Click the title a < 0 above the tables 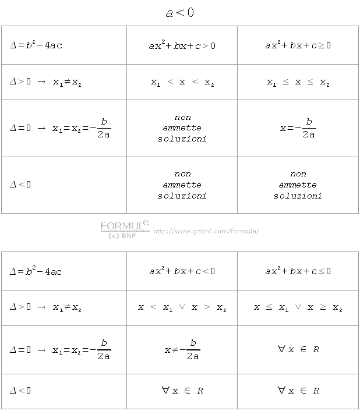click(179, 13)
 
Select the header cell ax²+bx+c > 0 click(182, 45)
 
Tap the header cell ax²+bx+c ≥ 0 click(298, 45)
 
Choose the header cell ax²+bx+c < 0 click(182, 271)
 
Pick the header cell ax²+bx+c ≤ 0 click(298, 271)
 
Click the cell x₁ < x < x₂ click(182, 83)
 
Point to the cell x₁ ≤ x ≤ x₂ click(298, 83)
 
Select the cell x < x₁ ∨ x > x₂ click(182, 307)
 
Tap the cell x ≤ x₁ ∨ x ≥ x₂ click(298, 307)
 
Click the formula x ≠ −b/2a click(182, 350)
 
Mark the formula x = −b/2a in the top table click(298, 128)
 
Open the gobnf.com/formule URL click(206, 231)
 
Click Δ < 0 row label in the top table click(20, 185)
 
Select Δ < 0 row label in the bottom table click(20, 391)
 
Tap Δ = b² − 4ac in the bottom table click(36, 271)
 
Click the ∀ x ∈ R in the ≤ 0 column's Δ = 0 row click(298, 349)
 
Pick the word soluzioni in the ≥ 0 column click(298, 196)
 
